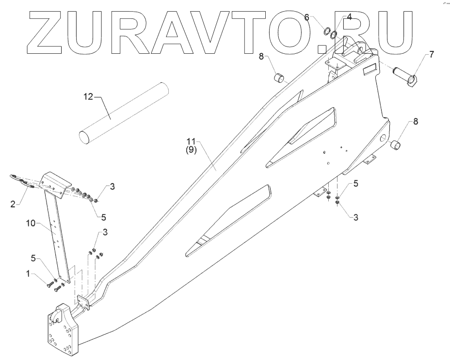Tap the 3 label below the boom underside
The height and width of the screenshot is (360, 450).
356,218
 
